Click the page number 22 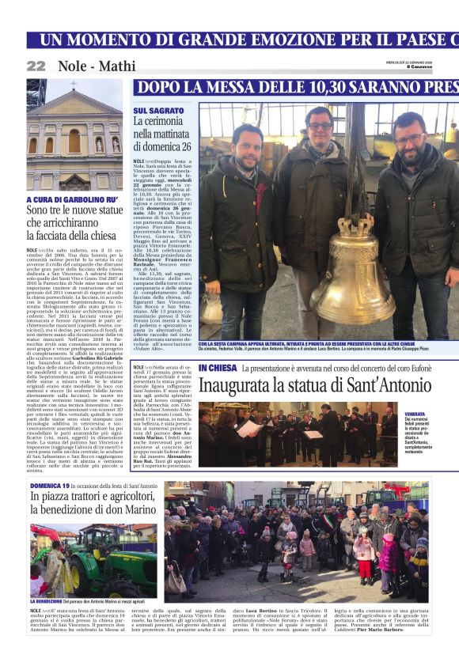coord(36,66)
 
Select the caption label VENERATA coord(437,414)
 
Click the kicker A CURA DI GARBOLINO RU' coord(72,200)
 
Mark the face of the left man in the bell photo coord(248,141)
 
